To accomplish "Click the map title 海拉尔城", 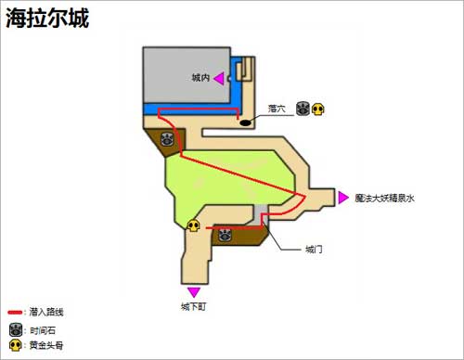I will click(48, 18).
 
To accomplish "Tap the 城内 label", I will click(200, 79).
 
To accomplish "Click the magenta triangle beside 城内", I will click(219, 79).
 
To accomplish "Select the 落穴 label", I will click(276, 109).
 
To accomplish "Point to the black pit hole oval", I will click(246, 121).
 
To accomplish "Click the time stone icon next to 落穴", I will click(303, 109).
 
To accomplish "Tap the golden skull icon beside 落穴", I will click(318, 109).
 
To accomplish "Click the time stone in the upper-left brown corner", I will click(167, 140).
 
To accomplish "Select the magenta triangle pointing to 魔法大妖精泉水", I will click(344, 197).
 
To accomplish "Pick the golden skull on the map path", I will click(194, 225).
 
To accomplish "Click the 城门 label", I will click(314, 249).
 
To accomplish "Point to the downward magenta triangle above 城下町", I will click(194, 291).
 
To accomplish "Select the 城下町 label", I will click(194, 306).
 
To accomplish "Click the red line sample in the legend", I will click(16, 313).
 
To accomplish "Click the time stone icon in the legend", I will click(15, 330).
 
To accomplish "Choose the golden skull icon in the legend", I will click(15, 345).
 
